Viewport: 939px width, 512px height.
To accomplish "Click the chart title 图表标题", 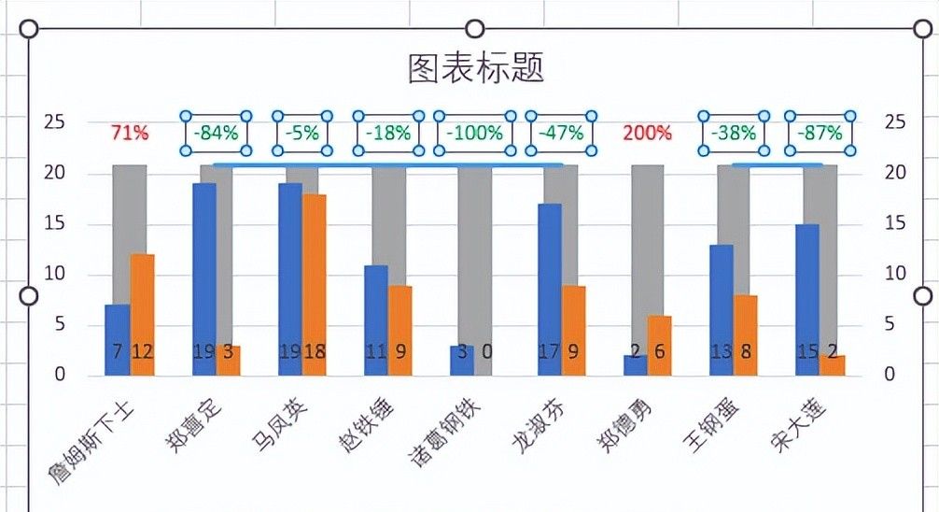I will tap(475, 68).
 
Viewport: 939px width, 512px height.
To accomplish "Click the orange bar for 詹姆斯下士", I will tap(142, 314).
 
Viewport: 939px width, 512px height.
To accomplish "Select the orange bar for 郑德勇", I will tap(660, 345).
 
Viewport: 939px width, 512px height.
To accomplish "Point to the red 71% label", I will tap(130, 134).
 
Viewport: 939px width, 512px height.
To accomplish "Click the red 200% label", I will tap(642, 134).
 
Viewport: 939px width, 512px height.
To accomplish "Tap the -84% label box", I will tap(217, 134).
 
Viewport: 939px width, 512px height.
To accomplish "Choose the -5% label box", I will tap(301, 134).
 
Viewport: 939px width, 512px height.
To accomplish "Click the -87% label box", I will tap(820, 134).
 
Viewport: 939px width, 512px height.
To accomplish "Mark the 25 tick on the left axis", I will tap(55, 122).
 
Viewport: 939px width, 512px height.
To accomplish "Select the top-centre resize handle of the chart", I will tap(475, 29).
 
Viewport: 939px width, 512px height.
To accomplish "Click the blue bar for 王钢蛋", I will tap(721, 309).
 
